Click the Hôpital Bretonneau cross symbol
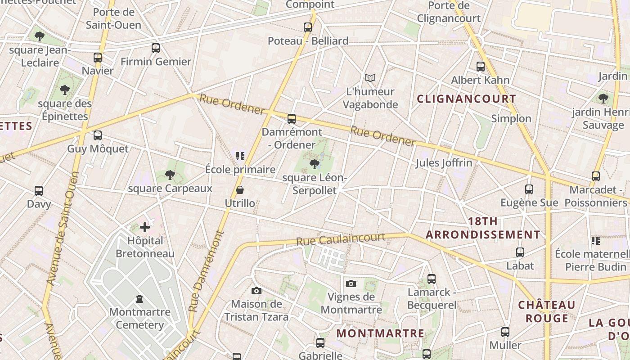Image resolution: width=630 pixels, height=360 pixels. click(x=144, y=227)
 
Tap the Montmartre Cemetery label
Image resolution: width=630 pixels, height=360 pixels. click(x=140, y=318)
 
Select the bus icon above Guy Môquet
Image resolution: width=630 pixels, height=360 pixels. click(x=98, y=135)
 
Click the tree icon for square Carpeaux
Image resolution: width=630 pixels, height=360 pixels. click(x=170, y=175)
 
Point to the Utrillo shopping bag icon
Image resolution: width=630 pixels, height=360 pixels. click(x=240, y=190)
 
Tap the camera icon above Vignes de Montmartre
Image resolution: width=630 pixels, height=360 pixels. click(x=351, y=283)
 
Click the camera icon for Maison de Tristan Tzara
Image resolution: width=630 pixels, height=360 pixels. click(x=256, y=291)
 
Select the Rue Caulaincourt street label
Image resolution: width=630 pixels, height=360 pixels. click(x=341, y=239)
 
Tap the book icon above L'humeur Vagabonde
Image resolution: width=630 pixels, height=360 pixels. click(x=370, y=78)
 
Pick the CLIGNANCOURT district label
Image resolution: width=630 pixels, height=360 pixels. click(x=466, y=99)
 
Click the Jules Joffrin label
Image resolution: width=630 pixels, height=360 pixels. click(x=444, y=163)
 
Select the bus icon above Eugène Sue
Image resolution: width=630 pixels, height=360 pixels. click(x=529, y=189)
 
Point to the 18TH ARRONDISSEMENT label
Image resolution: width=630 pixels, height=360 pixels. click(x=483, y=228)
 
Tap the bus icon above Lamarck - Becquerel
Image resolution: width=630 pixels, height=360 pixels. click(x=432, y=279)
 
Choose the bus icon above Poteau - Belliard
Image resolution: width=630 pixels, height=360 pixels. click(x=308, y=27)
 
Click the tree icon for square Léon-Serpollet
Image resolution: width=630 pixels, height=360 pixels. click(x=315, y=164)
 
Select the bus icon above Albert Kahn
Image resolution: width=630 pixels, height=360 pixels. click(x=481, y=67)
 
